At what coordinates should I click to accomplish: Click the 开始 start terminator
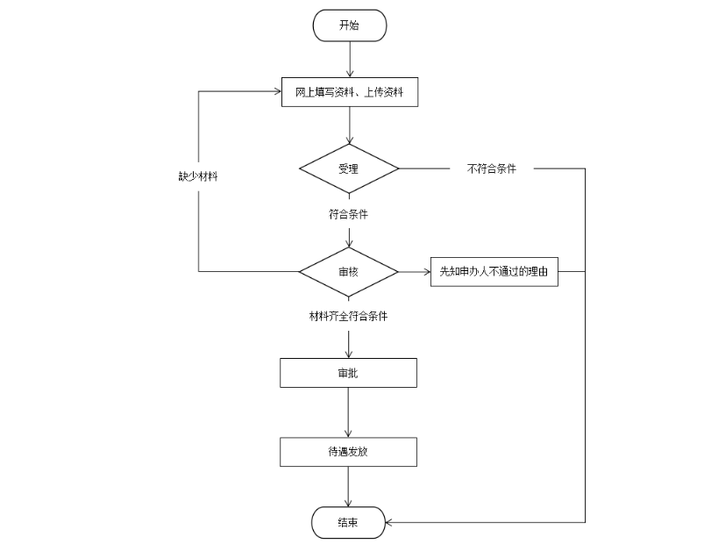(x=349, y=25)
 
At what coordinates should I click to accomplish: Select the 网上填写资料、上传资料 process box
(x=349, y=92)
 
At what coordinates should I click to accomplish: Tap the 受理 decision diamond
(x=349, y=168)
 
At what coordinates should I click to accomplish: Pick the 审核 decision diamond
(x=349, y=271)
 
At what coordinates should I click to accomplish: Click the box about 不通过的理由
(x=494, y=272)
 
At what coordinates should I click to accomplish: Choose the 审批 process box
(x=349, y=373)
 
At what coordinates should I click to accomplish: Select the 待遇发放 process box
(x=349, y=452)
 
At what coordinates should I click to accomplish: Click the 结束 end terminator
(x=349, y=523)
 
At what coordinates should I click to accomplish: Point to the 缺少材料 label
(x=198, y=176)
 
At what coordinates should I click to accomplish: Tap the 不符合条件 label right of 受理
(x=492, y=168)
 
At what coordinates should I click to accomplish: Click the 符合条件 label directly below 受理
(x=349, y=213)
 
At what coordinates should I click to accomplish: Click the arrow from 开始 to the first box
(x=350, y=59)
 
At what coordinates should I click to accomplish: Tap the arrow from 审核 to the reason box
(x=414, y=272)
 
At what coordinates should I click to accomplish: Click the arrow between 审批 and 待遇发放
(x=350, y=411)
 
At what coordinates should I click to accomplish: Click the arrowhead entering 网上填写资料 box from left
(x=275, y=90)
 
